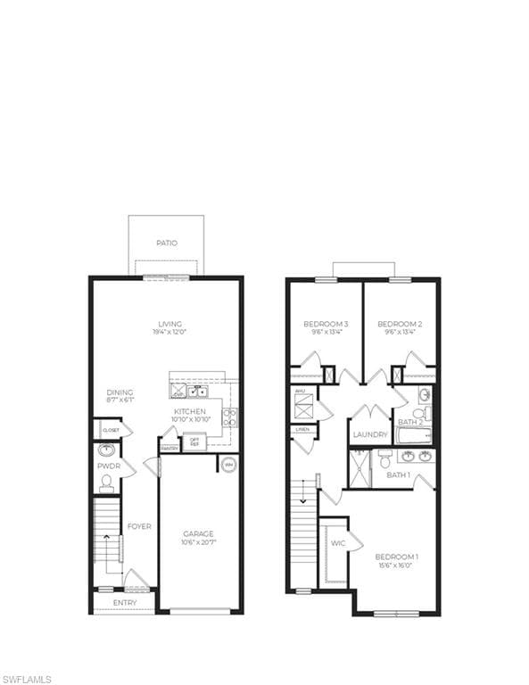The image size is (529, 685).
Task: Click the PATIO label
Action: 166,243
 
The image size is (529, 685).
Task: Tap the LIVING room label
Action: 169,324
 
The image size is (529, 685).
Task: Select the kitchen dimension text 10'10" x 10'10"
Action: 190,420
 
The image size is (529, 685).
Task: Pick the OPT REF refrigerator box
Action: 194,442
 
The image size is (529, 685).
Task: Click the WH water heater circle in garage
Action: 227,465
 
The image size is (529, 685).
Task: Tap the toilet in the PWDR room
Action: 106,483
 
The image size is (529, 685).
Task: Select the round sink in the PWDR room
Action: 106,450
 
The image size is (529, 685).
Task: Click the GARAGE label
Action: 198,534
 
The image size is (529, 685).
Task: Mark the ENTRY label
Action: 125,603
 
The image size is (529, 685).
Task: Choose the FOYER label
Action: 138,526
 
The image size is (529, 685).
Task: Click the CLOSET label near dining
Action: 111,430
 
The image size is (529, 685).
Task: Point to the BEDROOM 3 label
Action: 326,324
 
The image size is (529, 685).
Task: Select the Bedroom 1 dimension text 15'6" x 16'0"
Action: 397,565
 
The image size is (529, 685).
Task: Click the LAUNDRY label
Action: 370,434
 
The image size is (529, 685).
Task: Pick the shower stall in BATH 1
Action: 359,469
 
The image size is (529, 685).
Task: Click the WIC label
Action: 338,542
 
